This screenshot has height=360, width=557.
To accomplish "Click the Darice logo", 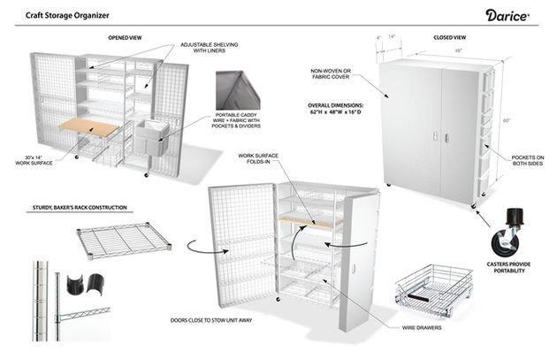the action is coord(507,16).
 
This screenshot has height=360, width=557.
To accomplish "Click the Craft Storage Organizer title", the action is coord(67,15).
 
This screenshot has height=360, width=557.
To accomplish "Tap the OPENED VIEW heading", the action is coord(125,38).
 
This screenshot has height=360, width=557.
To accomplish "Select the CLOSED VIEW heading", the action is coord(450,37).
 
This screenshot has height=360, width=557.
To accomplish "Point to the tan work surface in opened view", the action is coord(88,126).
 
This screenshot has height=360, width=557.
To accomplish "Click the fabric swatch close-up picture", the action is coord(238,90).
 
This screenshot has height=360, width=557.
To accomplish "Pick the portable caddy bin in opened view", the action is coord(152,137).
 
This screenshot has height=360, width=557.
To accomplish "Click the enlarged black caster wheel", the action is coord(507,233).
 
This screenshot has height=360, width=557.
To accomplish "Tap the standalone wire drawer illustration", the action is coord(434,290).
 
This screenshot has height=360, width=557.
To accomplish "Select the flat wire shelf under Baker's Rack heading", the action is coord(124,241).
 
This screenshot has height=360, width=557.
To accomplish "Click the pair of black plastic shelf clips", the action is coord(85,284).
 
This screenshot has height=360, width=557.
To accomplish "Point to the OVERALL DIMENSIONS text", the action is coord(335,109).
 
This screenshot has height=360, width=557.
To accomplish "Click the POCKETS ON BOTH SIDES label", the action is coord(528,160).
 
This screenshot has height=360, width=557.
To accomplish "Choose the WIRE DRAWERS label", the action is coord(422,327).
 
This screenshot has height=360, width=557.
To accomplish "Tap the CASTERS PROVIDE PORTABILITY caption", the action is coord(508,267).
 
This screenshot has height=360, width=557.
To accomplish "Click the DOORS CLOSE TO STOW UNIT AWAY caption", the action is coord(211,320).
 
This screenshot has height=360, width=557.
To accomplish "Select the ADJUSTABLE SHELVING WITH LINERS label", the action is coord(210,48).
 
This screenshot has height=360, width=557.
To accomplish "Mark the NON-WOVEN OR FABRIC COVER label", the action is coord(331,73).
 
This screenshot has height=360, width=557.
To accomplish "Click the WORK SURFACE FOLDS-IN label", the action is coord(258,158).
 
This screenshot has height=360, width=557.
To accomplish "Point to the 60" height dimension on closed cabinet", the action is coord(507,120).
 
